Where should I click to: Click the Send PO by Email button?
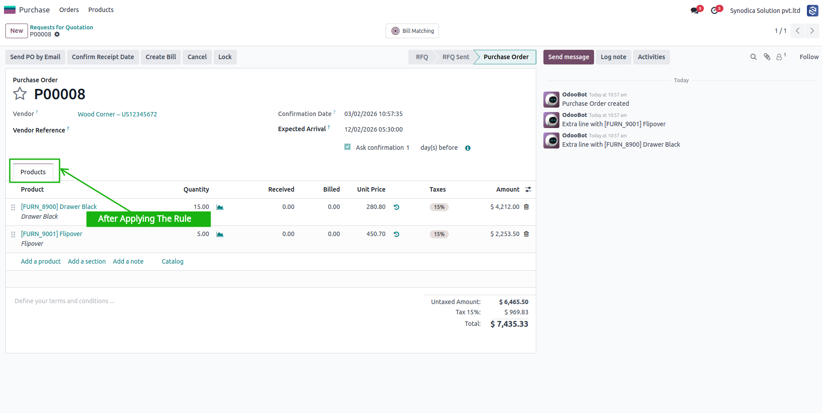click(x=35, y=57)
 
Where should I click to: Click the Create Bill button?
click(x=161, y=57)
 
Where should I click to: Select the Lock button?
click(x=225, y=57)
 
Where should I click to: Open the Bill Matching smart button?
click(x=412, y=31)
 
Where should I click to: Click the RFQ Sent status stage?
click(x=455, y=57)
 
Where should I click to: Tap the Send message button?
click(x=568, y=57)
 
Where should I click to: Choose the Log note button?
click(x=613, y=57)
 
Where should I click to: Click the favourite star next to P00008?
click(x=20, y=94)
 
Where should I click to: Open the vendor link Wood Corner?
click(x=117, y=114)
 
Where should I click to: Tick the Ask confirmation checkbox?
click(x=347, y=147)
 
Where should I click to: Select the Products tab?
click(x=33, y=172)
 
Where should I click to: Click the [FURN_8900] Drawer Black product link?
click(x=59, y=207)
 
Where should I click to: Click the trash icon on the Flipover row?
click(x=527, y=234)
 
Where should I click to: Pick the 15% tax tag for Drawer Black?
click(x=439, y=207)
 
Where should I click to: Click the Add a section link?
click(x=87, y=261)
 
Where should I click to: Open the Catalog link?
click(x=172, y=261)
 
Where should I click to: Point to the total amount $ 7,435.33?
click(x=509, y=324)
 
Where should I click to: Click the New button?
click(x=16, y=31)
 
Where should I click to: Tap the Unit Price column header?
click(x=371, y=189)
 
